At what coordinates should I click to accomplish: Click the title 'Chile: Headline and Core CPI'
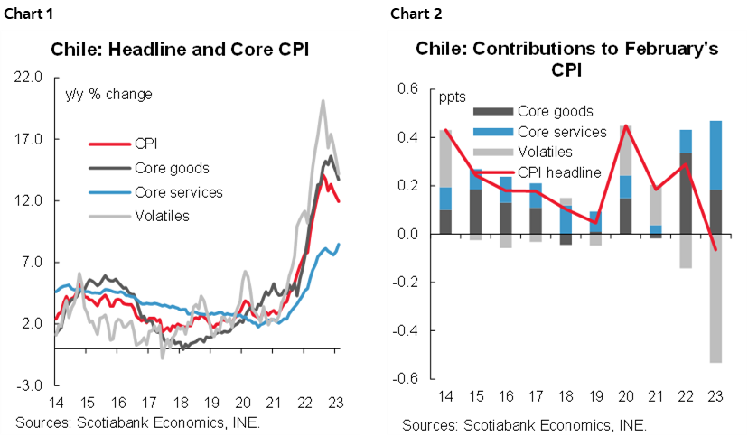coord(180,50)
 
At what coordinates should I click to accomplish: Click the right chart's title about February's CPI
coord(566,59)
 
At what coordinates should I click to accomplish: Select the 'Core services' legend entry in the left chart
coord(178,192)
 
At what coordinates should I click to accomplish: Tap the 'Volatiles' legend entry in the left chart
coord(163,217)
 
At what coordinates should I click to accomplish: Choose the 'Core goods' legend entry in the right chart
coord(555,112)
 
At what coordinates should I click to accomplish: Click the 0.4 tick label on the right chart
coord(409,138)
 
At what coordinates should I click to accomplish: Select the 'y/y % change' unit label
coord(109,94)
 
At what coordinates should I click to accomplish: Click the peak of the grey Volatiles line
coord(323,100)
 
